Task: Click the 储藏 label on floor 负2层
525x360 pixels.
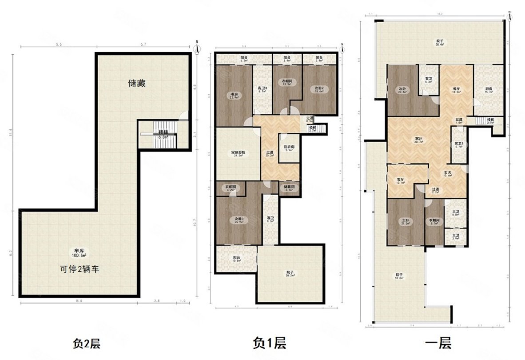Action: coord(137,83)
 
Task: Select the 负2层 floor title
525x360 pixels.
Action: coord(87,343)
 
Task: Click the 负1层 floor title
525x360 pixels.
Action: coord(269,343)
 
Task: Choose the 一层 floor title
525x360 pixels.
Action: coord(438,343)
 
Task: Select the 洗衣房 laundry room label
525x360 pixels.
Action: coord(287,148)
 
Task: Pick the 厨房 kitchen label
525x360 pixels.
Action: coord(488,90)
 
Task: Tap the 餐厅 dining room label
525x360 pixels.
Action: coord(456,90)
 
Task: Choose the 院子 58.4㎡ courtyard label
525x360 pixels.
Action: coord(439,43)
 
